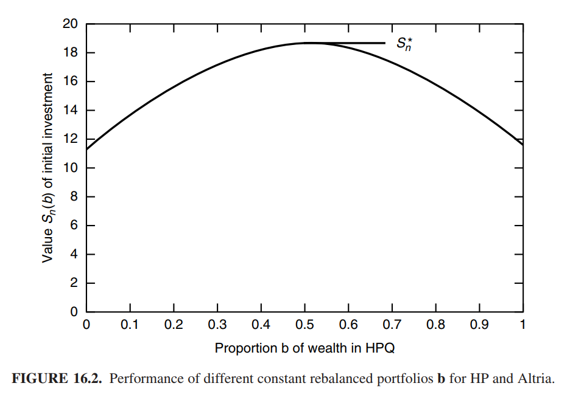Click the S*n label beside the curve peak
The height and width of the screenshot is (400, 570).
(404, 44)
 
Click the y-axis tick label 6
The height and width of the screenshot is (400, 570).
(74, 226)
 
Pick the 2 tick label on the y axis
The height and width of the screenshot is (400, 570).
(74, 283)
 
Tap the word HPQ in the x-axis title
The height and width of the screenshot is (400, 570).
(379, 348)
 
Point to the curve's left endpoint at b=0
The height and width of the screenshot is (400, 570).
(87, 149)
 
